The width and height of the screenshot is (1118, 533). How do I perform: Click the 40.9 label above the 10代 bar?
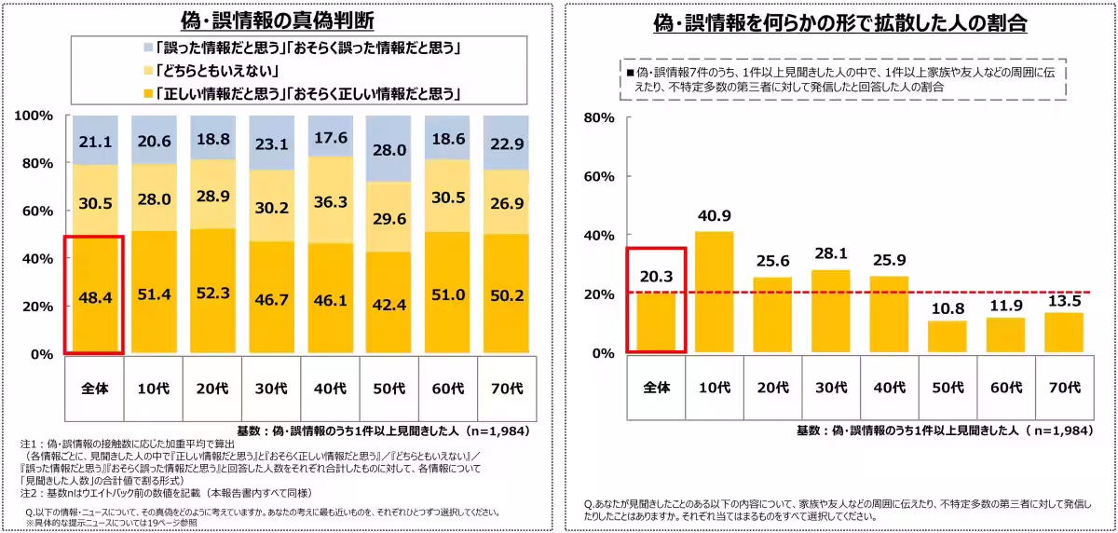click(x=715, y=215)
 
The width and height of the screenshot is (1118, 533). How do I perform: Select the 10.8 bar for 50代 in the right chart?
click(x=948, y=337)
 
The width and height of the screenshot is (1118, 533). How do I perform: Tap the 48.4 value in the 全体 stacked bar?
click(x=95, y=298)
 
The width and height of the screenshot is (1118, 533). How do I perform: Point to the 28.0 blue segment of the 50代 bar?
click(x=389, y=149)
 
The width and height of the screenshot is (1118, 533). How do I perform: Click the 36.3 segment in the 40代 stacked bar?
click(x=331, y=200)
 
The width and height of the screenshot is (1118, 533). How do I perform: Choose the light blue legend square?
click(x=148, y=48)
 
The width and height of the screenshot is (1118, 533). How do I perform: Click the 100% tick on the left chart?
click(x=34, y=116)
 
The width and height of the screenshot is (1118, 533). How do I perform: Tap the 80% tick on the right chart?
click(x=599, y=117)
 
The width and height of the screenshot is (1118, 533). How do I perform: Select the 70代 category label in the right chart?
click(x=1065, y=388)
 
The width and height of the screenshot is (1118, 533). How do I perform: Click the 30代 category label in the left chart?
click(x=271, y=389)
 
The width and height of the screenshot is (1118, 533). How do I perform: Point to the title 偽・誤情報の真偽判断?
click(x=277, y=20)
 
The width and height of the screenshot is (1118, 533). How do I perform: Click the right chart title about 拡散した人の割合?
click(x=840, y=23)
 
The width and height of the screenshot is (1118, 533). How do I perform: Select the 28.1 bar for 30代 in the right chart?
click(x=830, y=311)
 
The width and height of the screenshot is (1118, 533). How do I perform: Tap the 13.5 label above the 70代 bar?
click(x=1065, y=301)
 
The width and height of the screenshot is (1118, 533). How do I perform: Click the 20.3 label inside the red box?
click(x=656, y=277)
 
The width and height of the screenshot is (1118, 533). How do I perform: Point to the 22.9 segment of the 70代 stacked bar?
click(x=507, y=143)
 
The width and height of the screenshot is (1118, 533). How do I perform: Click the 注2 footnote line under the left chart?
click(x=166, y=493)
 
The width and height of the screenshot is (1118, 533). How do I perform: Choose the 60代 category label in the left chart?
click(x=448, y=389)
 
